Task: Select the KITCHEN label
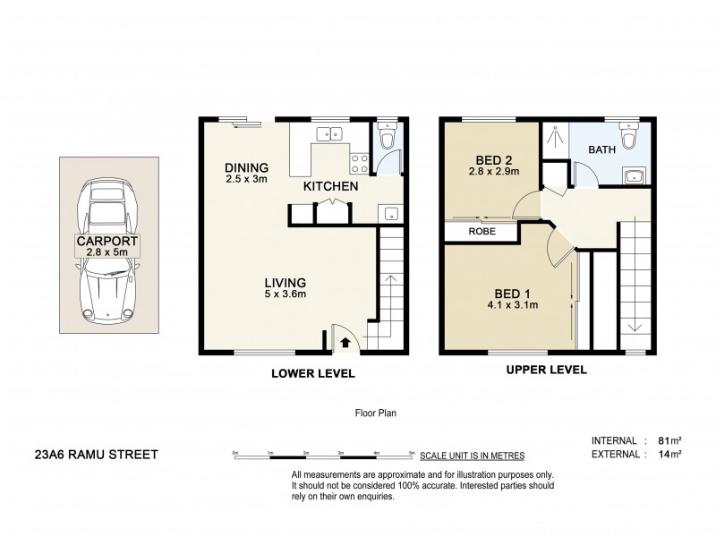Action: coord(330,187)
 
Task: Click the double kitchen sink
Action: coord(328,134)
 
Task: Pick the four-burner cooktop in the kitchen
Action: coord(360,163)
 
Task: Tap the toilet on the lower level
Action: coord(387,140)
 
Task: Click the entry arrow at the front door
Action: coord(346,341)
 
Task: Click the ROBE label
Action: coord(482,231)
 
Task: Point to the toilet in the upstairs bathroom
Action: coord(629,137)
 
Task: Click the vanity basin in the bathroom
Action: coord(635,175)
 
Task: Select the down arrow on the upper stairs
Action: coord(634,324)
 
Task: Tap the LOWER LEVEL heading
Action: coord(313,373)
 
